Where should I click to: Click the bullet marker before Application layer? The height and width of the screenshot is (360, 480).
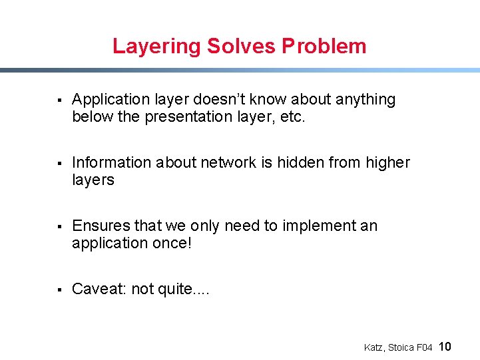tap(59, 100)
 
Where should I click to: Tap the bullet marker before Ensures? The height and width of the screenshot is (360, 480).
tap(59, 227)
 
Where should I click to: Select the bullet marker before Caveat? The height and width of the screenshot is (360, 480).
tap(59, 290)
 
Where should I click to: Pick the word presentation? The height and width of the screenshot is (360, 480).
tap(190, 117)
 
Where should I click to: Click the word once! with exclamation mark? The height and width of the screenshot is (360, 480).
tap(170, 244)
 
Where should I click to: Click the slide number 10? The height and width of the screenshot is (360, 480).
tap(445, 346)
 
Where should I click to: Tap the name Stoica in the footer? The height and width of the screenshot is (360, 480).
tap(401, 347)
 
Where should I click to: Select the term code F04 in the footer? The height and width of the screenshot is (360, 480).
tap(425, 347)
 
